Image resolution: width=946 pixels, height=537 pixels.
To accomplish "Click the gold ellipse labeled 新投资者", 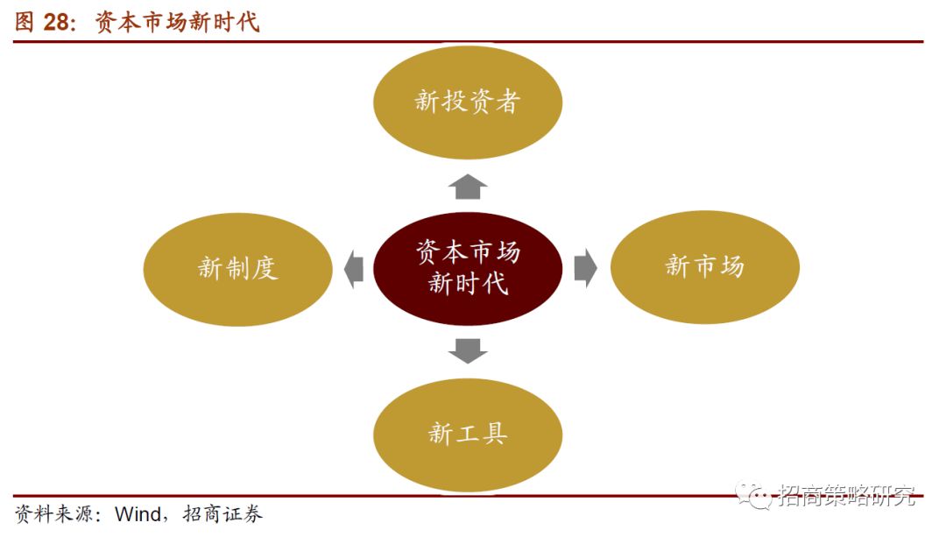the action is (x=468, y=102).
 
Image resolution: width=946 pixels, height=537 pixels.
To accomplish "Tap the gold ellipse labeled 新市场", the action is (x=704, y=267).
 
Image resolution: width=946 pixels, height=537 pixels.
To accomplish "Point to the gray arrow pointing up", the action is (x=469, y=186).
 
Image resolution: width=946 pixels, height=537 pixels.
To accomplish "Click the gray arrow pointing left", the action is (x=354, y=268).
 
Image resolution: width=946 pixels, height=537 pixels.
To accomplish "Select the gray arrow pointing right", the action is (x=585, y=268).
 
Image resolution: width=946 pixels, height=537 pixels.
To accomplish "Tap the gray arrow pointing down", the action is (x=468, y=350).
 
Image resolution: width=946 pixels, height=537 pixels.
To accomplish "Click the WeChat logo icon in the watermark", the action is (x=753, y=497).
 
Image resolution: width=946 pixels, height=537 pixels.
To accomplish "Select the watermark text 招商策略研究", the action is (x=846, y=497).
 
